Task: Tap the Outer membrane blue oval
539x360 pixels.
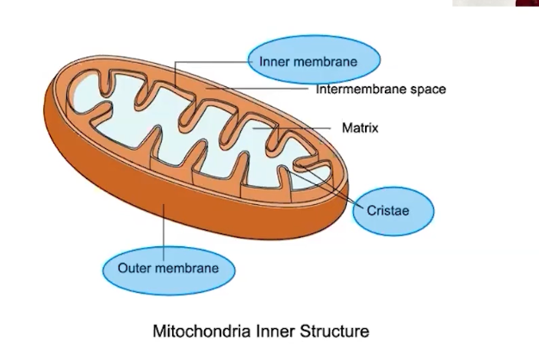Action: click(x=168, y=268)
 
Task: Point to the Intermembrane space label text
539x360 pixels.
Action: click(x=381, y=89)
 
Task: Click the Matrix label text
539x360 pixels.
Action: click(x=360, y=128)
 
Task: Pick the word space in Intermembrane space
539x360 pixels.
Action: click(x=427, y=89)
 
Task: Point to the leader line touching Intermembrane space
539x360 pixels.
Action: click(x=258, y=89)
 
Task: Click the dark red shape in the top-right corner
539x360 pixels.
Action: click(x=527, y=3)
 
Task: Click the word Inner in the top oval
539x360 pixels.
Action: click(x=276, y=61)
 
